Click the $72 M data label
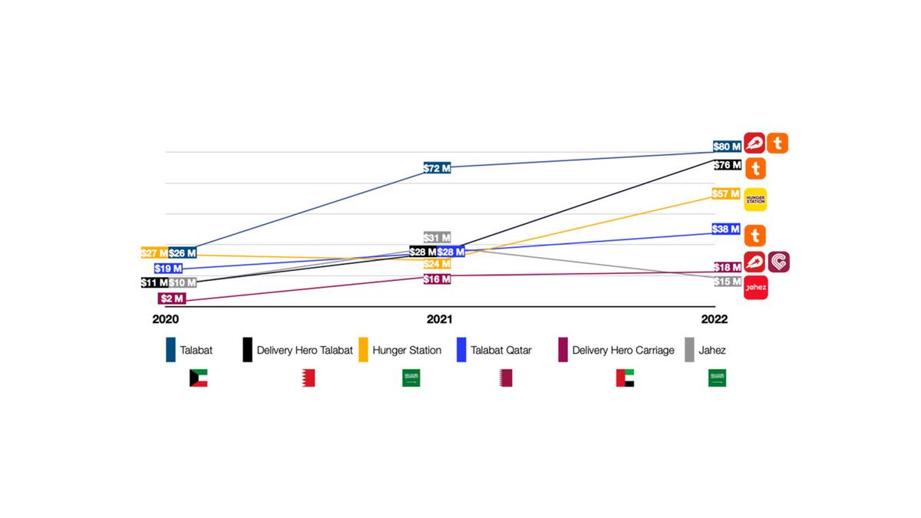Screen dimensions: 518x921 point(437,168)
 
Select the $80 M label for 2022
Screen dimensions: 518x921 point(726,146)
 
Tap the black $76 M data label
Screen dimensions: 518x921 point(726,165)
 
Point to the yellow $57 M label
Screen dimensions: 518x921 point(725,194)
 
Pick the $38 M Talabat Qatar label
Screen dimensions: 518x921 point(725,229)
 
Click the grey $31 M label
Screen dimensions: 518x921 point(437,238)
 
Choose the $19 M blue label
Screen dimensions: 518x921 point(168,269)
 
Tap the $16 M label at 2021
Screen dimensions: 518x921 point(437,279)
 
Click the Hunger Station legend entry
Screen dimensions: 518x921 point(407,350)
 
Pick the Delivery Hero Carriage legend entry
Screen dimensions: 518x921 point(623,350)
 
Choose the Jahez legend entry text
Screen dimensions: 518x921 point(712,350)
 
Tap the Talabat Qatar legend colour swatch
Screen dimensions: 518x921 point(462,350)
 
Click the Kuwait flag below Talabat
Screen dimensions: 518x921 point(199,378)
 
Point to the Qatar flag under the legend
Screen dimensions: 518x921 point(506,378)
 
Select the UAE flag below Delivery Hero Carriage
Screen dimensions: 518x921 point(625,378)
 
